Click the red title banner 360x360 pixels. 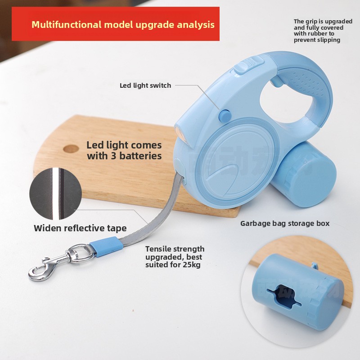pos(116,24)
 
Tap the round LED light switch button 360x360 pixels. pos(223,116)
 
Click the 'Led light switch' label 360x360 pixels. pos(145,85)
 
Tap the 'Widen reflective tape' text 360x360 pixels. pos(80,228)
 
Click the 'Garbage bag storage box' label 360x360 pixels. pos(285,223)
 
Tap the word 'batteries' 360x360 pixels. pos(139,156)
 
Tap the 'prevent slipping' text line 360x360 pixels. pos(317,40)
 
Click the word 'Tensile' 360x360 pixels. pos(158,249)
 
